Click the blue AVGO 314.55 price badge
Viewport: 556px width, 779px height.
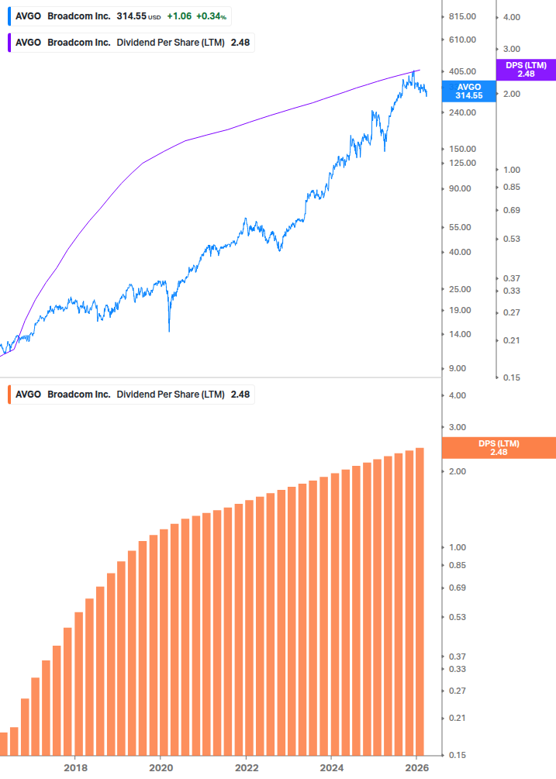point(468,91)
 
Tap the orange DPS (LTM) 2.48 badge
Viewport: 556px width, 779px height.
point(498,448)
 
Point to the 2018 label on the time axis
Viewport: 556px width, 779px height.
point(75,768)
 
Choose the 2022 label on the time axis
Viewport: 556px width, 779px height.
point(246,768)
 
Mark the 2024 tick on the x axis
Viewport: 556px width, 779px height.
point(331,768)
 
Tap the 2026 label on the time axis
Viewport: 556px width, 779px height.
point(416,768)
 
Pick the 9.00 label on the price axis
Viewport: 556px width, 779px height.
point(458,369)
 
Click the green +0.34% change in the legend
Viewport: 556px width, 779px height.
point(212,16)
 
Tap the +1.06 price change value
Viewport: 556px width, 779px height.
point(179,16)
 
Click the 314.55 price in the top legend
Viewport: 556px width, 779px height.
point(131,16)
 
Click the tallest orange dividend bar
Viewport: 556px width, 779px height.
point(420,601)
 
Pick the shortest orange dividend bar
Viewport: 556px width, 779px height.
point(3,744)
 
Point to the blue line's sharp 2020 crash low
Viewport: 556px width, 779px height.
point(169,330)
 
